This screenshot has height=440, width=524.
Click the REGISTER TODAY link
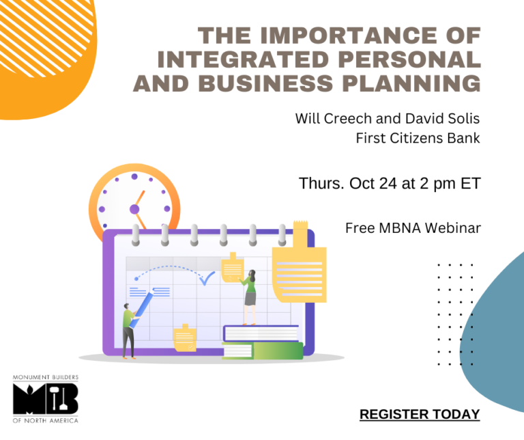pos(420,414)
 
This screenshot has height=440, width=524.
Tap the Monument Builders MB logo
pos(46,399)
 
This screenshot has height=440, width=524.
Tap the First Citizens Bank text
pos(418,138)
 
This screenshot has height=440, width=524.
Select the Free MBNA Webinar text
pos(413,228)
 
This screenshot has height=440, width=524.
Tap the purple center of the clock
pos(134,209)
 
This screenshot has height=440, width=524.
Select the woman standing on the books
pos(250,295)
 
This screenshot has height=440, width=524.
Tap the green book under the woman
pos(263,350)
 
